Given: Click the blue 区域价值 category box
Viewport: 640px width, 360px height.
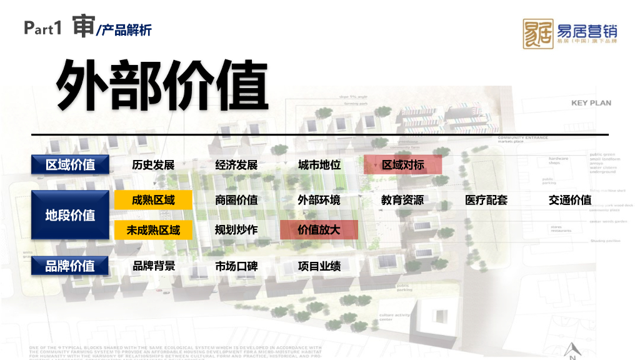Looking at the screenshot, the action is (x=70, y=164).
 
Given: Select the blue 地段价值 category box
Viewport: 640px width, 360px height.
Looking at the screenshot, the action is (x=70, y=215).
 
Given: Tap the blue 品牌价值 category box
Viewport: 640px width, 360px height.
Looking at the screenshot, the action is (x=70, y=266).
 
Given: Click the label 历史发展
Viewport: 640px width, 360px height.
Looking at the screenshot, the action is (x=153, y=165).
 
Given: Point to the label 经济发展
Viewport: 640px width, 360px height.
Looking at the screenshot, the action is (x=236, y=165).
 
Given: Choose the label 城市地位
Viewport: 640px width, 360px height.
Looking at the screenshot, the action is (x=319, y=165).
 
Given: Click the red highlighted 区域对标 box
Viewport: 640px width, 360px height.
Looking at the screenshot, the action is (x=402, y=165).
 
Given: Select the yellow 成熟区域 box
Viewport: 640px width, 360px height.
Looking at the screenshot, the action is (x=153, y=200).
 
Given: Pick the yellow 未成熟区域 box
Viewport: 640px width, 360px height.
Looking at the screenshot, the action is (x=153, y=230).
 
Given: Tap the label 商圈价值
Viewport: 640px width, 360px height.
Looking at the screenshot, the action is (x=236, y=200).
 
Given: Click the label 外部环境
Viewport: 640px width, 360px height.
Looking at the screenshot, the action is (x=319, y=200).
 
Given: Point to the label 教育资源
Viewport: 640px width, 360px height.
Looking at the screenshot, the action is (x=402, y=200).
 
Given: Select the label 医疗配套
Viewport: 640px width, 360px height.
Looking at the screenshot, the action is (x=486, y=200).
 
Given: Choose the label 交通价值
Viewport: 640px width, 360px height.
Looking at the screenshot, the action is (x=570, y=200).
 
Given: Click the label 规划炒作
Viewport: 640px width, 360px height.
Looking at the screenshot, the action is (x=236, y=230).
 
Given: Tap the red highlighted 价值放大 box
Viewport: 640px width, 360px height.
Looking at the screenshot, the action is (x=319, y=230).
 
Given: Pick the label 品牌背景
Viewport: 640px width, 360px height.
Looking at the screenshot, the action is (x=153, y=266).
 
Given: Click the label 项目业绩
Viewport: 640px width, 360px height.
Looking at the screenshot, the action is (x=319, y=266).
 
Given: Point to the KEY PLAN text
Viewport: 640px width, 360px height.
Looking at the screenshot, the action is (x=591, y=102).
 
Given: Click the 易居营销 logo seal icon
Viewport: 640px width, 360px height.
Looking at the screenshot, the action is (x=537, y=34).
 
